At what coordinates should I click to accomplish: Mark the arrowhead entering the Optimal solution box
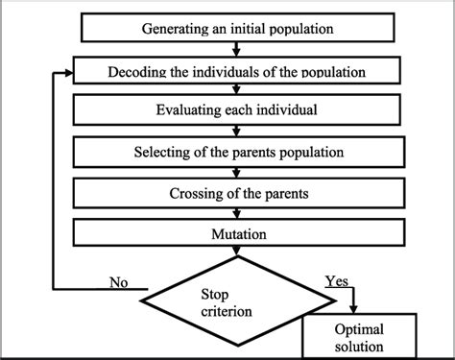353,310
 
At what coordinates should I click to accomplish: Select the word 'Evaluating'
190,109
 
